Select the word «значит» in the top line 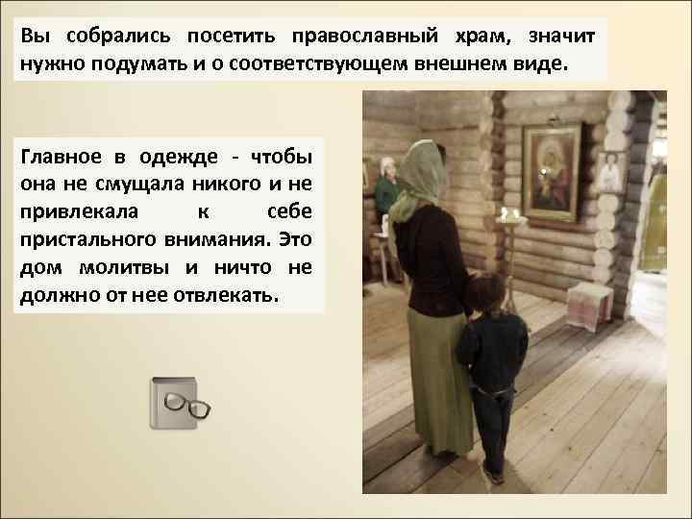coord(561,36)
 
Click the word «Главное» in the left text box coord(61,157)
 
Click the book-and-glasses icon coord(179,404)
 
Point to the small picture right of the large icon coord(610,173)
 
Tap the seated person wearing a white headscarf coord(388,187)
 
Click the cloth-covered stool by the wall coord(587,304)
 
